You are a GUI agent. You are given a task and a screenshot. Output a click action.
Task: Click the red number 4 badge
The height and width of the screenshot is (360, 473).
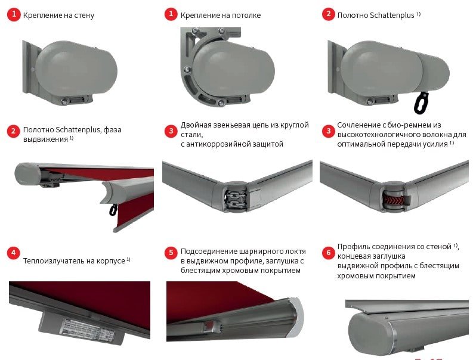point(14,253)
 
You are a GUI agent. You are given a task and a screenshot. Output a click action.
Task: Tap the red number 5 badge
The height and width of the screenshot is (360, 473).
point(171,253)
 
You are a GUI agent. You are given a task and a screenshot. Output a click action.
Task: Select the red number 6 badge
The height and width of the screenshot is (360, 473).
point(329,253)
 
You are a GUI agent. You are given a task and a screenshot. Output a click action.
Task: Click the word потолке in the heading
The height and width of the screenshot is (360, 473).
point(246,15)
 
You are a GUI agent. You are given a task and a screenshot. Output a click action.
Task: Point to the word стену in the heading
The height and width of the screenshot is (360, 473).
point(84,15)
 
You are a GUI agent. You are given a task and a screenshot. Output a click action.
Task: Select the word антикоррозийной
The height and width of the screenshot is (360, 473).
point(222,144)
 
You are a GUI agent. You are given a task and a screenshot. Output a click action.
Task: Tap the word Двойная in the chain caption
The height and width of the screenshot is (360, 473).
point(196,125)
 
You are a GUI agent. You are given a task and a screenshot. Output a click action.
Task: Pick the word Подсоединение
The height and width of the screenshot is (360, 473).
point(209,252)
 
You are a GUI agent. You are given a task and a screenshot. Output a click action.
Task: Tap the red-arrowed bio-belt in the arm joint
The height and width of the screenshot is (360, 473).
point(392,200)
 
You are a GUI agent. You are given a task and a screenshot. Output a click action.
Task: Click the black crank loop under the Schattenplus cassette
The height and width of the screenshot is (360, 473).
point(422,103)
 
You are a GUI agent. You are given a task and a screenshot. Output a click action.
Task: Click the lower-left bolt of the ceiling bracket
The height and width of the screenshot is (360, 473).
point(187,70)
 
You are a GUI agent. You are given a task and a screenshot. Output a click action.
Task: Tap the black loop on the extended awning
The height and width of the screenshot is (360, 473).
point(114,210)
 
